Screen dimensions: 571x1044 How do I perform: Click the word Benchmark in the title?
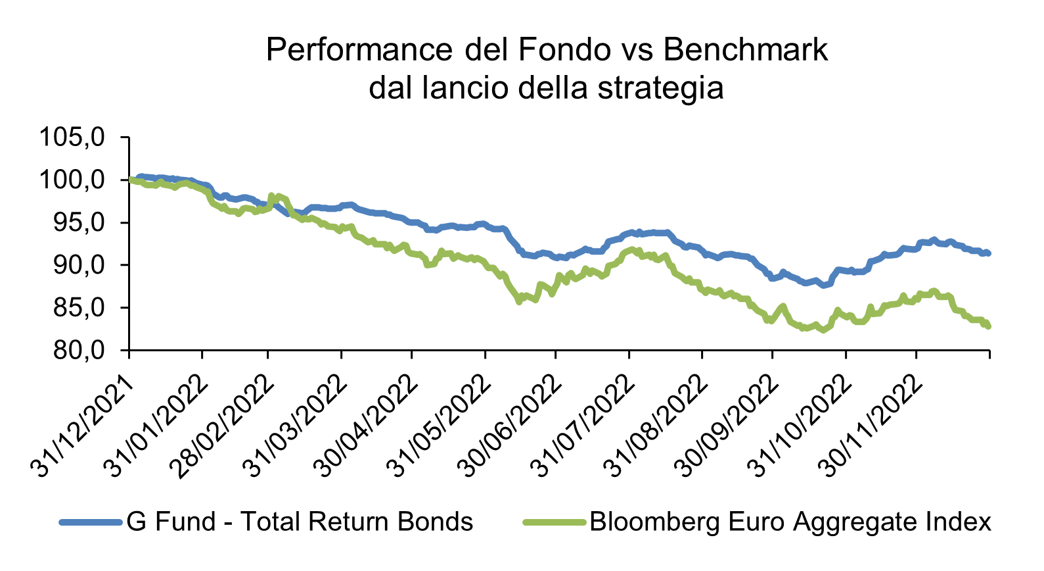click(x=745, y=50)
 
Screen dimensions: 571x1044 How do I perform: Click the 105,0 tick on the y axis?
click(x=72, y=137)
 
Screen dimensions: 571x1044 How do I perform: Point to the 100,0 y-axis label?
click(x=72, y=180)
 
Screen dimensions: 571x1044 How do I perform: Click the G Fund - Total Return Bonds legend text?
click(x=300, y=522)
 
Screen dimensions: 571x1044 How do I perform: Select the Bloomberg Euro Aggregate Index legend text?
click(x=790, y=522)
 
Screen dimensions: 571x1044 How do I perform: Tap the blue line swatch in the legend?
click(x=91, y=522)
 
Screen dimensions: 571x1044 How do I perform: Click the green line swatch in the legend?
click(x=555, y=522)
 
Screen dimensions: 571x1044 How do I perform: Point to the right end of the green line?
click(x=988, y=326)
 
